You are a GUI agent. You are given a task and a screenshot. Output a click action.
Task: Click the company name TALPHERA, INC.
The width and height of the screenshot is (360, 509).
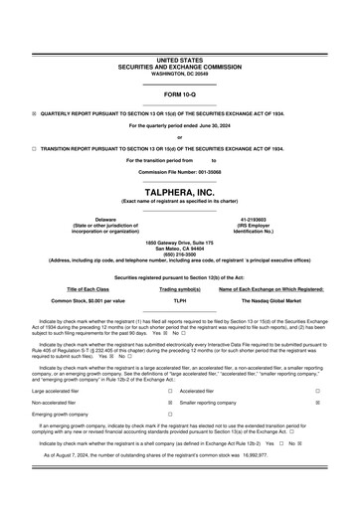(179, 190)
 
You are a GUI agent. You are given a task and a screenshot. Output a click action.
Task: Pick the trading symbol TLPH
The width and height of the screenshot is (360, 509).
(180, 299)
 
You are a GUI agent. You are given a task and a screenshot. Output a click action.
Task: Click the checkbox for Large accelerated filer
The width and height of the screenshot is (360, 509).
(169, 392)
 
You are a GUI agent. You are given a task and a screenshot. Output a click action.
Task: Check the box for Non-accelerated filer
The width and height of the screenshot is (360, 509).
(169, 404)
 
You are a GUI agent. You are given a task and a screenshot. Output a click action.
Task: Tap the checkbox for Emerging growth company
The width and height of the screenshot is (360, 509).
(169, 415)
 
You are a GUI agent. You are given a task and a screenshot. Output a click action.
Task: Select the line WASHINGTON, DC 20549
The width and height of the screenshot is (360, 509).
(180, 74)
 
